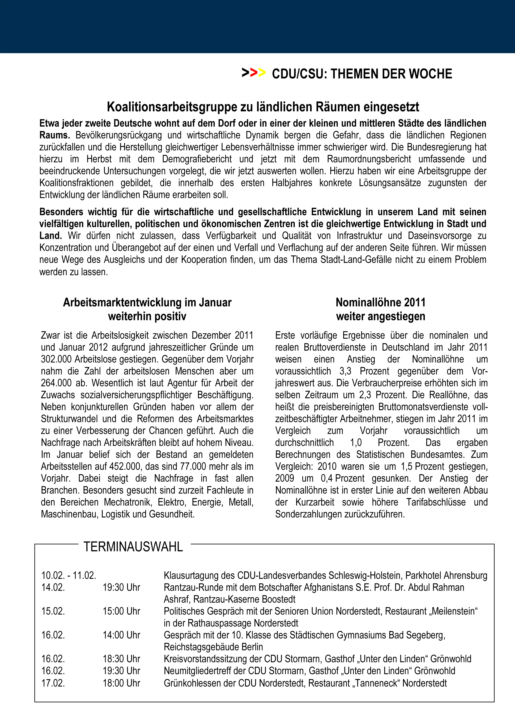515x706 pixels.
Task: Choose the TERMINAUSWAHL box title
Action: pyautogui.click(x=133, y=547)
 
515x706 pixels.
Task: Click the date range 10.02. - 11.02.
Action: pyautogui.click(x=69, y=575)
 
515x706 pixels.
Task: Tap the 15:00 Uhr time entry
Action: pyautogui.click(x=121, y=611)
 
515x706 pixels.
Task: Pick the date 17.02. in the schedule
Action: pyautogui.click(x=53, y=683)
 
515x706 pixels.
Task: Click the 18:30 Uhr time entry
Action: pyautogui.click(x=121, y=659)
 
